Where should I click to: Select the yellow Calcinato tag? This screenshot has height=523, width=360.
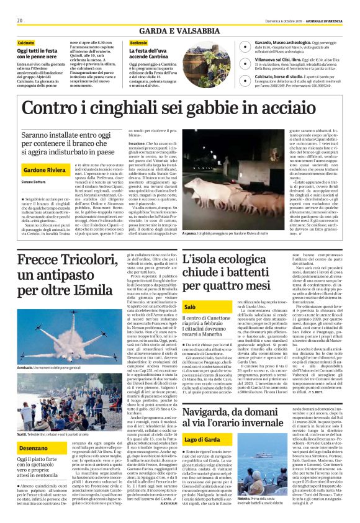tap(25, 43)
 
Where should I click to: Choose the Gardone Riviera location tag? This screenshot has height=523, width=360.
tap(43, 169)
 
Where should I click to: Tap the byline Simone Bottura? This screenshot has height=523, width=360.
tap(34, 182)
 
